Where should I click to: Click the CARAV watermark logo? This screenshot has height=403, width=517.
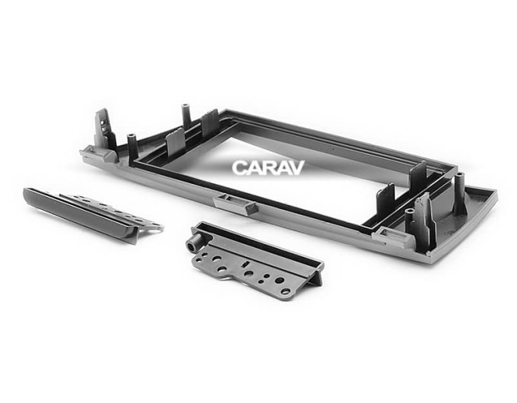(x=268, y=167)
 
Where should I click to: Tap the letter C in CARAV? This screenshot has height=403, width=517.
(x=239, y=168)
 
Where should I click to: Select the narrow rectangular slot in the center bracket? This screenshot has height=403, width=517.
(x=246, y=264)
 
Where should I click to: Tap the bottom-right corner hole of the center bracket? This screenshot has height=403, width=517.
(x=285, y=291)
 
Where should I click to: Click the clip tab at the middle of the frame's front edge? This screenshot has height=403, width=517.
(x=236, y=204)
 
